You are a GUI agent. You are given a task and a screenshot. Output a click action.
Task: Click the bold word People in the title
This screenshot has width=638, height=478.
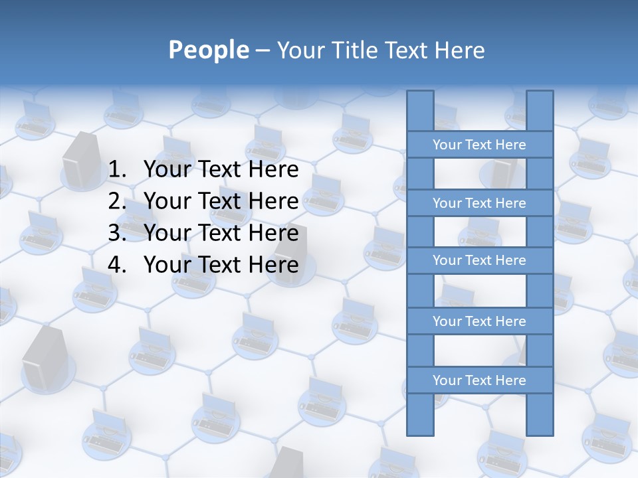click(x=209, y=50)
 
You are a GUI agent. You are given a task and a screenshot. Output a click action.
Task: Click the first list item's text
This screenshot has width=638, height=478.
click(x=221, y=169)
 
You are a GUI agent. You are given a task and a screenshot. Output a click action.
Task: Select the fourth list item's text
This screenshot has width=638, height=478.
click(x=221, y=265)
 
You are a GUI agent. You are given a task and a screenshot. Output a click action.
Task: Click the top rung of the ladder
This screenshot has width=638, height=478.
click(x=479, y=145)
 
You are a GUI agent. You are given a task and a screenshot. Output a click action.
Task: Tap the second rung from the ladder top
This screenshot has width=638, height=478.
click(x=479, y=203)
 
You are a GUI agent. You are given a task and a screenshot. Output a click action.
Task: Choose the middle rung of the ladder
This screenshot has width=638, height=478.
click(x=479, y=260)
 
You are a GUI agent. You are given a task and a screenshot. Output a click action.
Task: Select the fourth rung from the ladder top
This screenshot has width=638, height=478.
click(x=479, y=321)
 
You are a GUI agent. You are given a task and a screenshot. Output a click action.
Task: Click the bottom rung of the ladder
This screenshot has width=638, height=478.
click(x=479, y=380)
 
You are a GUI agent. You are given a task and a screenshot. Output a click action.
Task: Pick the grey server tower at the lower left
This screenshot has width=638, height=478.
click(x=41, y=358)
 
